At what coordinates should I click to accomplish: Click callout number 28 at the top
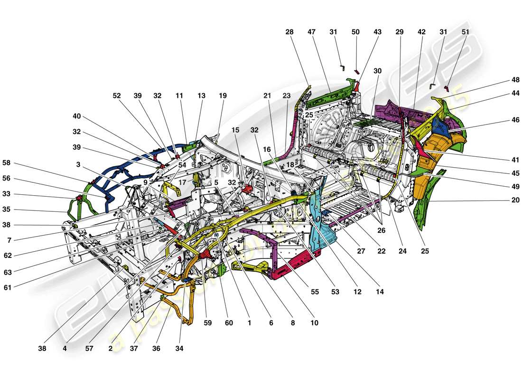tap(289, 32)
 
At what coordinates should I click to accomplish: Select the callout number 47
tap(311, 32)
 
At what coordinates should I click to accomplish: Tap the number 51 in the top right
tap(465, 32)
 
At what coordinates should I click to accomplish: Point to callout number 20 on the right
tap(515, 200)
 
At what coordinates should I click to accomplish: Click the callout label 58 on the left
tap(6, 162)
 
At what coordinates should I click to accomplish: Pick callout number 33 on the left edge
tap(6, 194)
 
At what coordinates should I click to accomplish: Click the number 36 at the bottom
tap(156, 348)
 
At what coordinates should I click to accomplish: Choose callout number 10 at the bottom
tap(314, 323)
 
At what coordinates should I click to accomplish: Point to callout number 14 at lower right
tap(380, 292)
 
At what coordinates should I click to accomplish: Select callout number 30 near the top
tap(377, 70)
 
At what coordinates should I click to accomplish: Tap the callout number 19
tap(223, 95)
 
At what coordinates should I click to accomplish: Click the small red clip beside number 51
tap(447, 88)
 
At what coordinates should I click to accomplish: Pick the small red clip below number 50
tap(357, 72)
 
